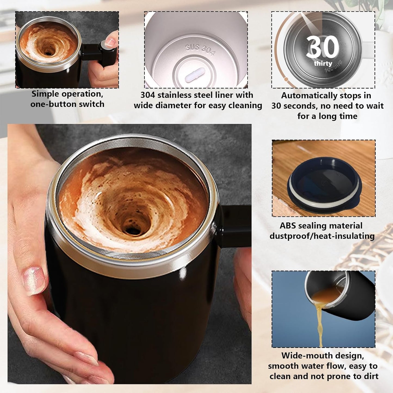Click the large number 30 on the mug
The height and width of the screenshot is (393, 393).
pyautogui.click(x=323, y=47)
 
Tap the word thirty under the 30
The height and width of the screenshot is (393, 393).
pyautogui.click(x=323, y=63)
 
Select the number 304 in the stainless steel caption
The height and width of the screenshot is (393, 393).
pyautogui.click(x=148, y=95)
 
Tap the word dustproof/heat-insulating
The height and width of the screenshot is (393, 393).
pyautogui.click(x=322, y=236)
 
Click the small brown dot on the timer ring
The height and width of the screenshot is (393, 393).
pyautogui.click(x=286, y=79)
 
